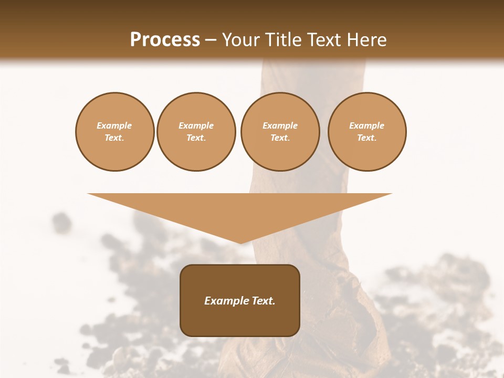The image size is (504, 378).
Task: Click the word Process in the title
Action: pos(165,40)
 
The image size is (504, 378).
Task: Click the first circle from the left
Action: pos(114,132)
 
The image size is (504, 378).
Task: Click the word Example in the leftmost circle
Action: pos(114,125)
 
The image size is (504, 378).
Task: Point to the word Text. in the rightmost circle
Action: pos(367,138)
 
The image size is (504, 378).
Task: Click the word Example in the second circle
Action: pos(196,125)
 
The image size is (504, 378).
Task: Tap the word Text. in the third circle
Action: pos(280,138)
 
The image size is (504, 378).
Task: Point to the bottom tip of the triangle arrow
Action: pos(240,242)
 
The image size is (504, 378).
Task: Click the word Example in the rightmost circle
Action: pos(367,125)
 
